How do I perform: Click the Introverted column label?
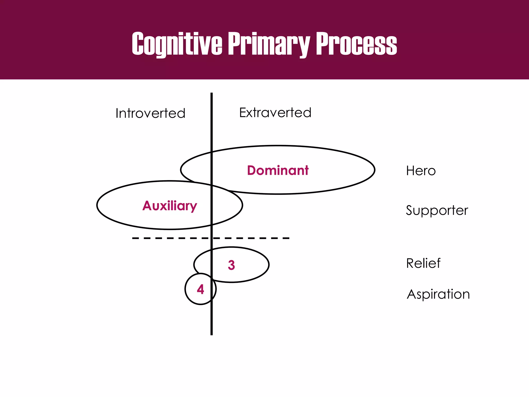tap(150, 113)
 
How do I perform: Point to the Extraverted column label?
tap(275, 112)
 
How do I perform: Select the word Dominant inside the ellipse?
tap(278, 170)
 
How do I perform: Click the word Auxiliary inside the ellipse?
tap(170, 206)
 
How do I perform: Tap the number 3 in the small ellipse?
tap(231, 265)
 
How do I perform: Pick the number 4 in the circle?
tap(200, 289)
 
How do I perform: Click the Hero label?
tap(421, 171)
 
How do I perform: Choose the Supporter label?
tap(437, 210)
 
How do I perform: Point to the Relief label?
tap(423, 263)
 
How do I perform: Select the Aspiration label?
tap(438, 294)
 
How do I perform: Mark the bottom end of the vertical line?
tap(212, 334)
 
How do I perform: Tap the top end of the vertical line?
tap(212, 94)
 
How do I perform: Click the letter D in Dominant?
tap(252, 171)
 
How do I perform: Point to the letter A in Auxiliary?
tap(147, 206)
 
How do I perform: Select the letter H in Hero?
tap(411, 171)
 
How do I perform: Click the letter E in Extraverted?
tap(243, 112)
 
